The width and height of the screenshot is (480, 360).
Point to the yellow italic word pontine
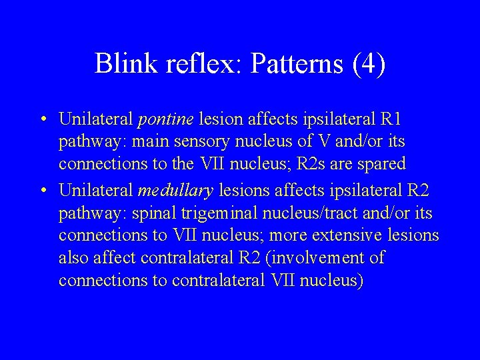tap(165, 120)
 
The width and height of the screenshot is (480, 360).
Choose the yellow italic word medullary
tap(175, 191)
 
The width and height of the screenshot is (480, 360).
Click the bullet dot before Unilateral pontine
tap(42, 121)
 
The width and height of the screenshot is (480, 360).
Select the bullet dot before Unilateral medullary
tap(42, 192)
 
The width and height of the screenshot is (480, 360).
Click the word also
tap(73, 259)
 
